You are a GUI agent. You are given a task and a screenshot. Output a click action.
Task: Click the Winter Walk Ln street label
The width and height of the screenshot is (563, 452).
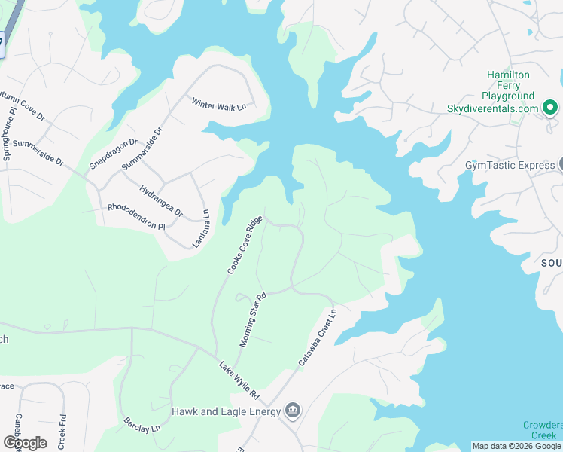219,105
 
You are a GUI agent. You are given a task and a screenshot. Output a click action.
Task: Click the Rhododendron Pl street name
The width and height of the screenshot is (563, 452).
136,215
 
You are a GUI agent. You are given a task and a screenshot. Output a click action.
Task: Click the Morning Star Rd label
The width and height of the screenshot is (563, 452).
254,320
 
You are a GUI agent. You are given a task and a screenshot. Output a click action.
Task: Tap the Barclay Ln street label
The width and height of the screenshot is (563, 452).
142,424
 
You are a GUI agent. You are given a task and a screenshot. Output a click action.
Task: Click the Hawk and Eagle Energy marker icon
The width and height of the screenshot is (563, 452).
294,411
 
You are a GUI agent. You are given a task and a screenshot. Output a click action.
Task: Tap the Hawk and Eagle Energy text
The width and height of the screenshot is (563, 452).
226,411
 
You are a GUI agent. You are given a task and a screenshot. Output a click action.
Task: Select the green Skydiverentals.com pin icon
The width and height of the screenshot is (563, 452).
550,108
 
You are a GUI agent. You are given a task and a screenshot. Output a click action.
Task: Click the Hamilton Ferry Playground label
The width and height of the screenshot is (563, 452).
508,86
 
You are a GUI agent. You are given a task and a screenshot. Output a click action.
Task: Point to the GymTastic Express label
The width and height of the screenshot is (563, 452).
510,165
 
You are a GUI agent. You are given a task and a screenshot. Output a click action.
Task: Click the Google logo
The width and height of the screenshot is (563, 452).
25,442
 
